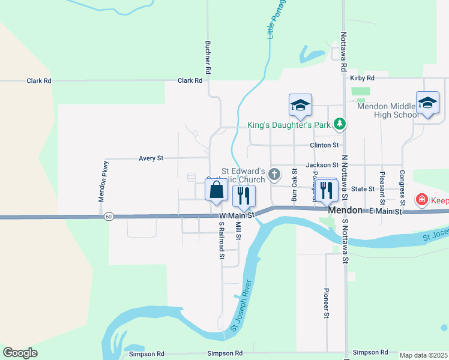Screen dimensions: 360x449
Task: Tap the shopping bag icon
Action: click(x=217, y=191)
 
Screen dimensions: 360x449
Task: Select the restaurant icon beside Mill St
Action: click(x=244, y=195)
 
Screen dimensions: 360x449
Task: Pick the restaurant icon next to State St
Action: click(x=327, y=190)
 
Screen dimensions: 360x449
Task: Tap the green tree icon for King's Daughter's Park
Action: click(x=340, y=124)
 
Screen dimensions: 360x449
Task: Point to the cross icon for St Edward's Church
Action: click(x=274, y=175)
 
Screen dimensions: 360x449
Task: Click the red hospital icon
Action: click(x=422, y=199)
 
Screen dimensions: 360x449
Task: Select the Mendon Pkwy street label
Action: click(x=103, y=181)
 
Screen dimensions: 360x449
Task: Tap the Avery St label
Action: click(x=151, y=158)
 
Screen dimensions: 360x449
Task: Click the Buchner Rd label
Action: click(x=208, y=58)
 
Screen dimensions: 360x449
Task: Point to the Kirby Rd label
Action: click(x=362, y=78)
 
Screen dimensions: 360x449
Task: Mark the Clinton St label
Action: click(x=324, y=145)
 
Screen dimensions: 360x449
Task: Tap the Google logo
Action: click(x=20, y=353)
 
